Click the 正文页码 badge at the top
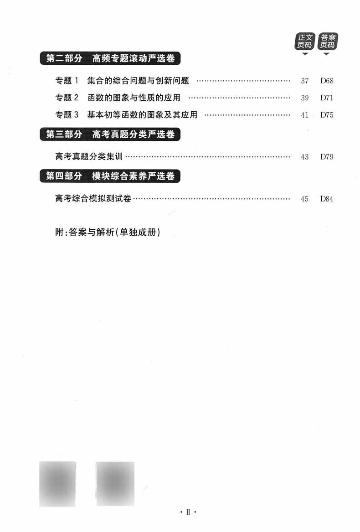click(305, 41)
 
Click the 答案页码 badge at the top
click(327, 41)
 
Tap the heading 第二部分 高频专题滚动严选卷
click(110, 59)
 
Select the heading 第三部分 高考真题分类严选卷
click(110, 134)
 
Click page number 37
click(305, 82)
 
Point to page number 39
click(305, 98)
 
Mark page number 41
click(305, 115)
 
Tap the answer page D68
click(327, 82)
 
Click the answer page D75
click(327, 115)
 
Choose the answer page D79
click(327, 157)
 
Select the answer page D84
click(327, 199)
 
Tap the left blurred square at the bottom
click(57, 484)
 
